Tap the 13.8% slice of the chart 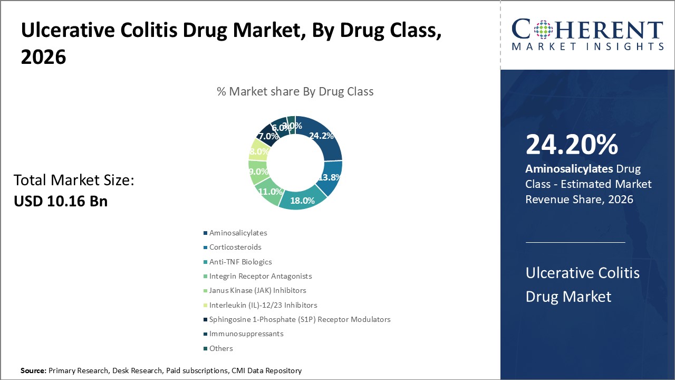(x=330, y=178)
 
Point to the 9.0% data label (x=258, y=172)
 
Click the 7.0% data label (x=268, y=136)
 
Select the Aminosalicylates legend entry (x=238, y=233)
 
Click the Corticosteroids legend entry (x=235, y=247)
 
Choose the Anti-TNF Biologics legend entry (x=240, y=262)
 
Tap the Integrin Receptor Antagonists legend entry (x=261, y=276)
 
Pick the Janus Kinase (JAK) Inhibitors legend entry (x=257, y=290)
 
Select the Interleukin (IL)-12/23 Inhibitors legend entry (x=263, y=305)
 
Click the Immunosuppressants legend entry (x=246, y=334)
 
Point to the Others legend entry (x=221, y=348)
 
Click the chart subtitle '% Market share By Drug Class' (x=295, y=91)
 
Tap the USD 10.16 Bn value (x=61, y=201)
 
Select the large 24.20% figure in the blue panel (x=572, y=146)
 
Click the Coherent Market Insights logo (x=587, y=35)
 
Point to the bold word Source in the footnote (x=33, y=371)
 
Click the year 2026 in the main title (x=44, y=57)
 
